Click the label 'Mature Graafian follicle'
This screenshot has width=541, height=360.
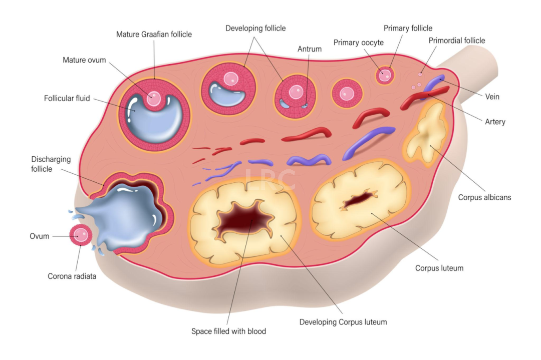pyautogui.click(x=154, y=34)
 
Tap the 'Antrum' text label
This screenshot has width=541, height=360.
pyautogui.click(x=310, y=49)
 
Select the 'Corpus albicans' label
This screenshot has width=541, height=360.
pyautogui.click(x=484, y=197)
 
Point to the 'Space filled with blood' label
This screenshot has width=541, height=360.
pyautogui.click(x=229, y=331)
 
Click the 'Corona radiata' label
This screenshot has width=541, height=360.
pyautogui.click(x=72, y=276)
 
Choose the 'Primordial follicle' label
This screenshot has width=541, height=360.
pyautogui.click(x=456, y=41)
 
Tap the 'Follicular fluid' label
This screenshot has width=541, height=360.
pyautogui.click(x=67, y=98)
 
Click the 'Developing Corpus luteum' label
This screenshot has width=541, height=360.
pyautogui.click(x=343, y=322)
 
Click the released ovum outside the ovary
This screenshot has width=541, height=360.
pyautogui.click(x=81, y=235)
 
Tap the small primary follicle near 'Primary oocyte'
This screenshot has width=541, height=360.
pyautogui.click(x=385, y=75)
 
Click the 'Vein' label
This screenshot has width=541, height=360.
pyautogui.click(x=492, y=97)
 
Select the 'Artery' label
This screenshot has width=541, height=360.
pyautogui.click(x=495, y=122)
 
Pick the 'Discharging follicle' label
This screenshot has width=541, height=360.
pyautogui.click(x=51, y=164)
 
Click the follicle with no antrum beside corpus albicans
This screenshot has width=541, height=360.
pyautogui.click(x=347, y=94)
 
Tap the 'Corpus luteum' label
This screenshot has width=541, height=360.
pyautogui.click(x=439, y=268)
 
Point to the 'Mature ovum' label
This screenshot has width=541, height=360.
pyautogui.click(x=84, y=60)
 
